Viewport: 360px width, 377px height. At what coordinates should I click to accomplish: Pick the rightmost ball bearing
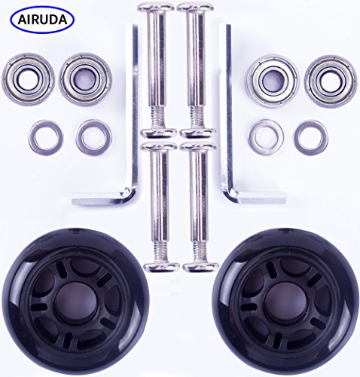330,78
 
